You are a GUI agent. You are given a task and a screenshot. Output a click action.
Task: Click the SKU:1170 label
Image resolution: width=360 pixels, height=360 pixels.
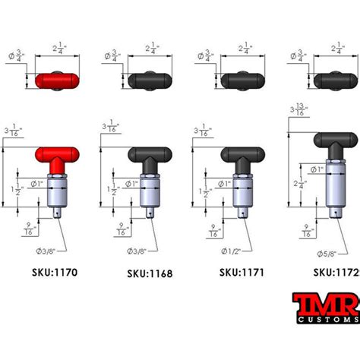pos(55,271)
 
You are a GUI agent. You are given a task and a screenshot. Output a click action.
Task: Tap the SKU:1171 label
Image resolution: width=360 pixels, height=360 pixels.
pos(242,271)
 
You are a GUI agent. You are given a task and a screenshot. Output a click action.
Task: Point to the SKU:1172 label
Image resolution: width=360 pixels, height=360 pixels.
pos(336,271)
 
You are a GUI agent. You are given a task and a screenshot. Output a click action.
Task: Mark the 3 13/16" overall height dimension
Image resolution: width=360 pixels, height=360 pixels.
pos(298,112)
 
